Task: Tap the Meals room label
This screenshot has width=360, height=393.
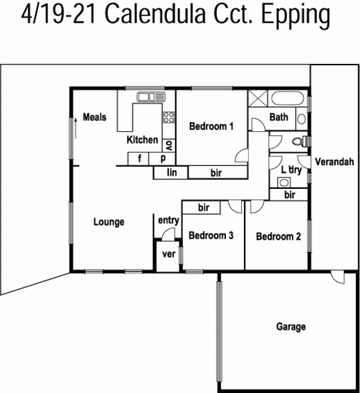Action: [94, 117]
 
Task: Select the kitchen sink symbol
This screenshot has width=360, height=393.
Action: [151, 97]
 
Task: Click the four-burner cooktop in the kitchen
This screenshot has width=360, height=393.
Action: [169, 117]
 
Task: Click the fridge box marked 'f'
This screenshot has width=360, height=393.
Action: [138, 159]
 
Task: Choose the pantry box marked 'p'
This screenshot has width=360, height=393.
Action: [162, 159]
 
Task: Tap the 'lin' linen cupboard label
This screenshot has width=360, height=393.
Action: [172, 172]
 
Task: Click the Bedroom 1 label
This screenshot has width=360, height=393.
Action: [211, 126]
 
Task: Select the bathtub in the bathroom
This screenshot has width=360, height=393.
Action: [288, 98]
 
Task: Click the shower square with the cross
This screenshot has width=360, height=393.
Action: [258, 99]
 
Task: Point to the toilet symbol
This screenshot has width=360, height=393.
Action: [299, 142]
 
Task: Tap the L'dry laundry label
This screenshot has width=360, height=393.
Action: [291, 170]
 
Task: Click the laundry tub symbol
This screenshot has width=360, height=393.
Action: [284, 183]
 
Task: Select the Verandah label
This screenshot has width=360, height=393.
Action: [334, 162]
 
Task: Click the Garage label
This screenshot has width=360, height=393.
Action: [291, 326]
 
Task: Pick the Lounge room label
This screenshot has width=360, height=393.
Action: [109, 222]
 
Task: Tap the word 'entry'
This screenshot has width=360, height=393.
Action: [169, 220]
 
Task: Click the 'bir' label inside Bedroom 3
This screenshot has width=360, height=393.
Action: [203, 207]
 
